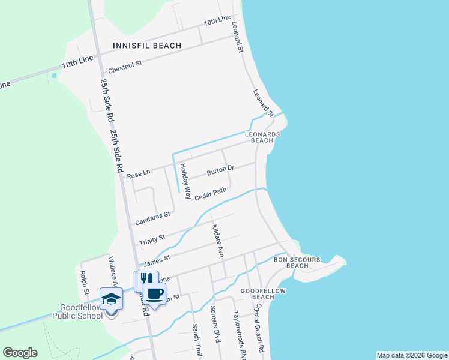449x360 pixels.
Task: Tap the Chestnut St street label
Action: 125,65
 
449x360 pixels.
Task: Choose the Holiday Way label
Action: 186,182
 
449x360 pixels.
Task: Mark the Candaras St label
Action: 153,218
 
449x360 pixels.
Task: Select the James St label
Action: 157,259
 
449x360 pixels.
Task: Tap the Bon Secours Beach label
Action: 297,262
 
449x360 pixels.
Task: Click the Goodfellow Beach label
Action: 263,293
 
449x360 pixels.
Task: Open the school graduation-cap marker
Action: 111,298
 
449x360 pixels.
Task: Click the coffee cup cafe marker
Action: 155,293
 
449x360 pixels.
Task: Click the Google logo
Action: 20,353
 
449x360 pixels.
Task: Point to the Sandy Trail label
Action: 196,339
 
